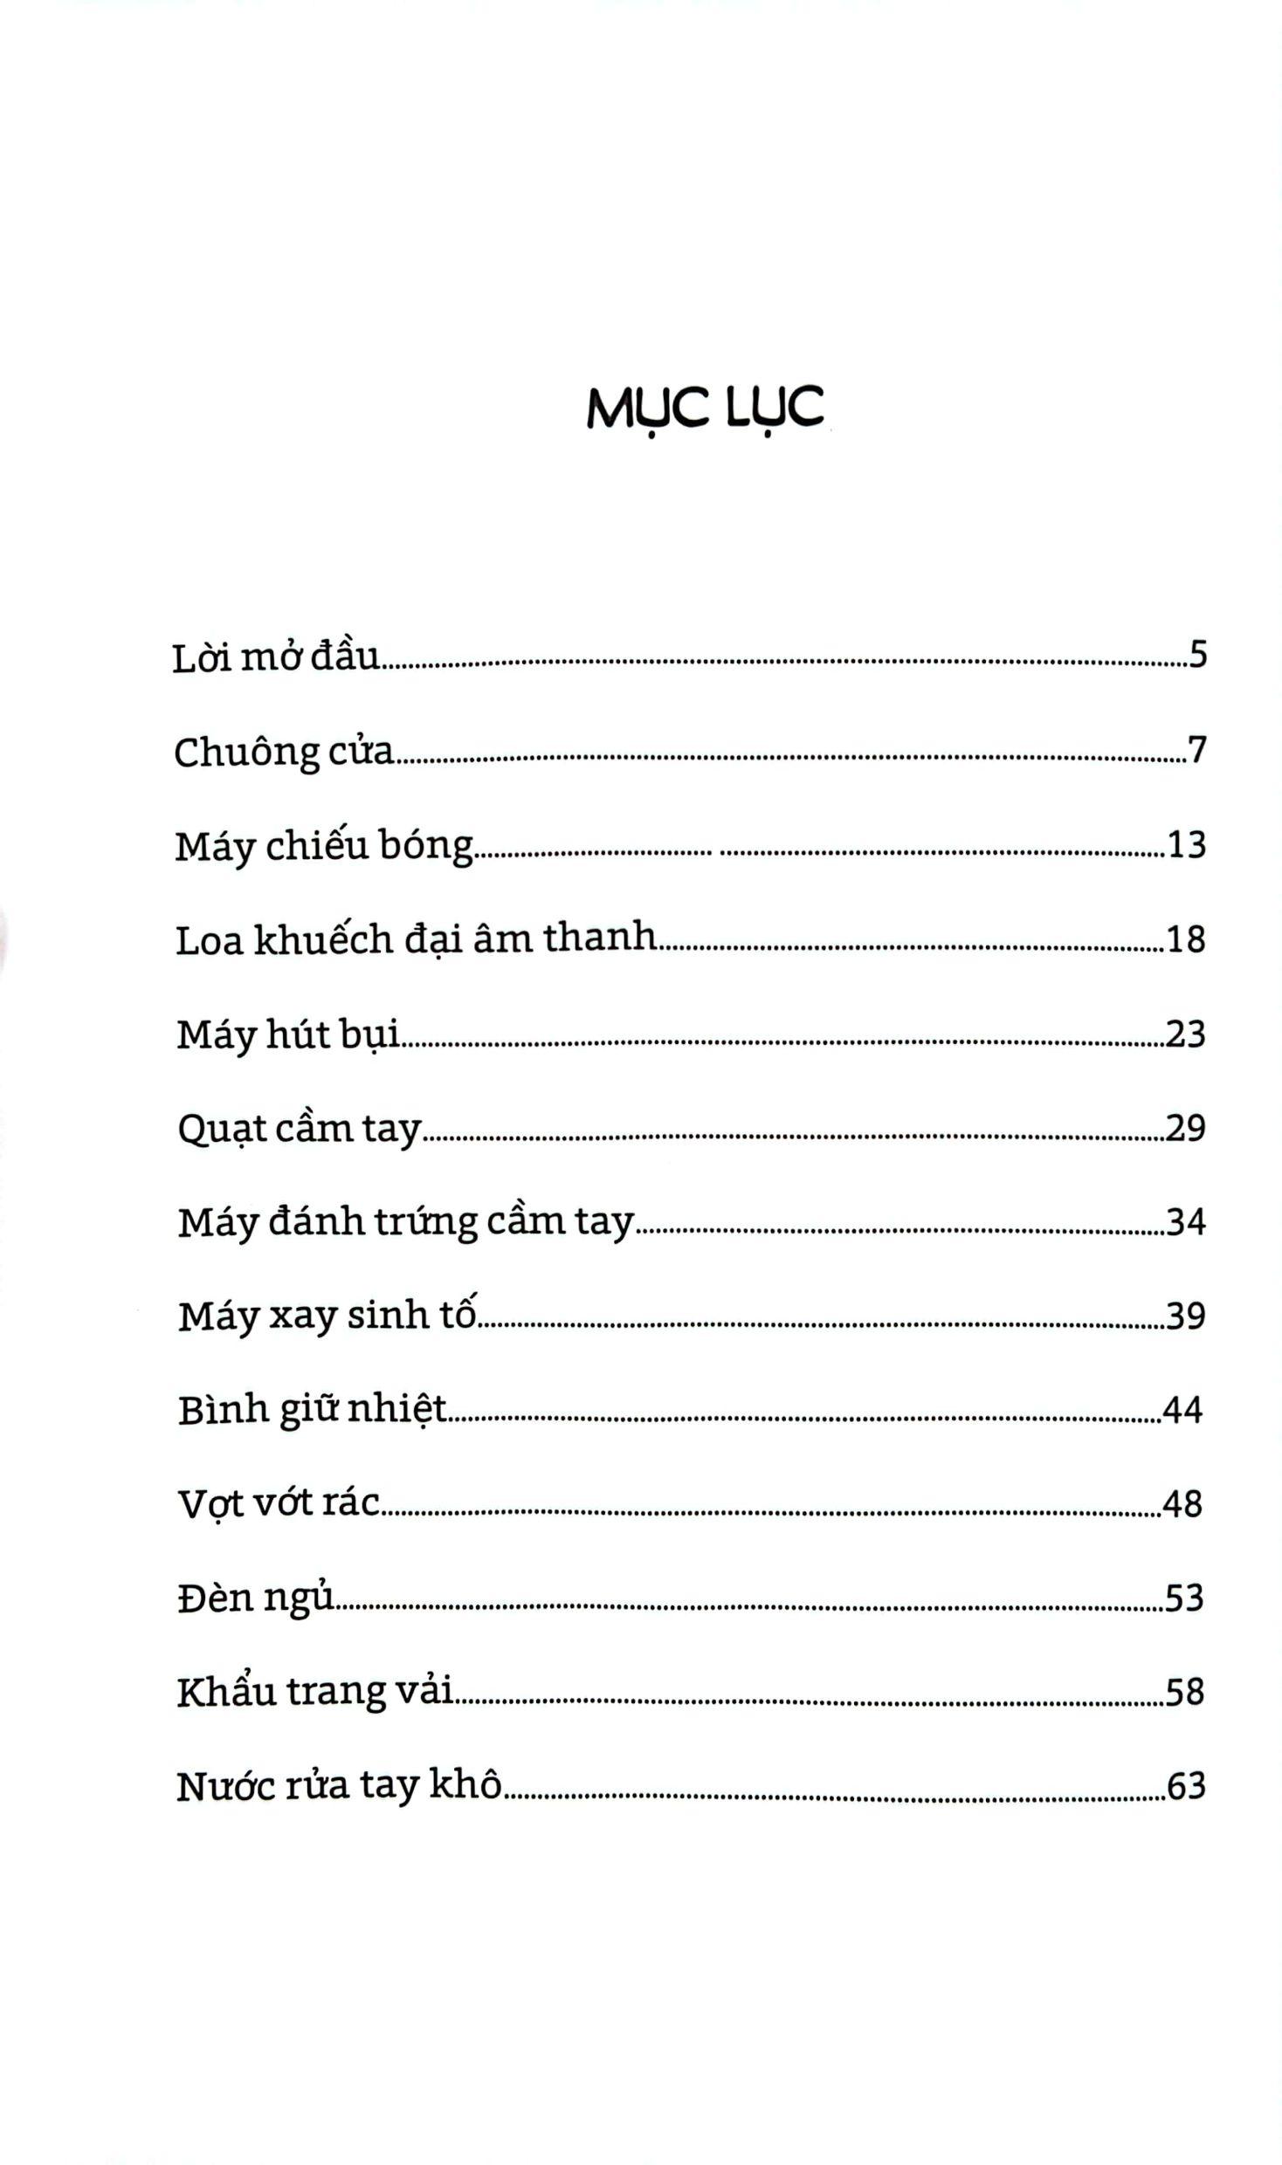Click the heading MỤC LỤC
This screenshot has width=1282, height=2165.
coord(705,408)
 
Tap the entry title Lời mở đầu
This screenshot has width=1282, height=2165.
coord(277,657)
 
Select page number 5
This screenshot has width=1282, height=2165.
coord(1196,654)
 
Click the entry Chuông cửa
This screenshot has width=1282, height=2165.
coord(284,752)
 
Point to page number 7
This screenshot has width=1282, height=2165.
coord(1196,749)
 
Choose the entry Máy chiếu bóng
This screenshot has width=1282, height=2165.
coord(324,846)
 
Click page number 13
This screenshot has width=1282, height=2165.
coord(1186,844)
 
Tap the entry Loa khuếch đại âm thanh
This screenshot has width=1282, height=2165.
coord(416,939)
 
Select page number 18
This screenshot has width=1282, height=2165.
coord(1186,939)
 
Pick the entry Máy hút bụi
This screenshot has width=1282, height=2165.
coord(288,1035)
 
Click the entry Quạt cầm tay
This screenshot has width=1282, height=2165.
coord(300,1130)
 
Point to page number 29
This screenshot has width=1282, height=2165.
coord(1186,1128)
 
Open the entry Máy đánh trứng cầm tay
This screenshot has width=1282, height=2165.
coord(405,1223)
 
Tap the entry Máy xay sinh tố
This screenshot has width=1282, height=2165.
coord(327,1316)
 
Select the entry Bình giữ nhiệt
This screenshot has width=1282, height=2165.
coord(312,1411)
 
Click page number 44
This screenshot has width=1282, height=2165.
coord(1182,1410)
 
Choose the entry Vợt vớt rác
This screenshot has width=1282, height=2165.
coord(279,1504)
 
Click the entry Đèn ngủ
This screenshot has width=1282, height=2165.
coord(257,1599)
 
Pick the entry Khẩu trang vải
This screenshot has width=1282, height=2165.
coord(315,1693)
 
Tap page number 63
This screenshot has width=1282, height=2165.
coord(1186,1786)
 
